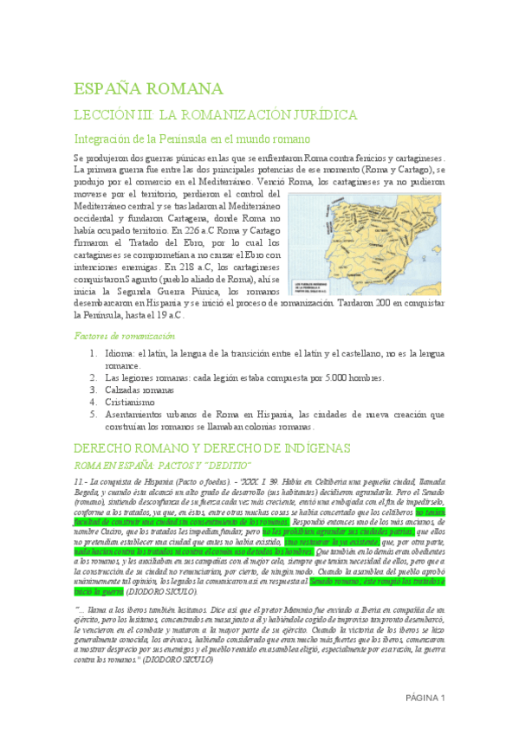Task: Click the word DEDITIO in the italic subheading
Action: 226,465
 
